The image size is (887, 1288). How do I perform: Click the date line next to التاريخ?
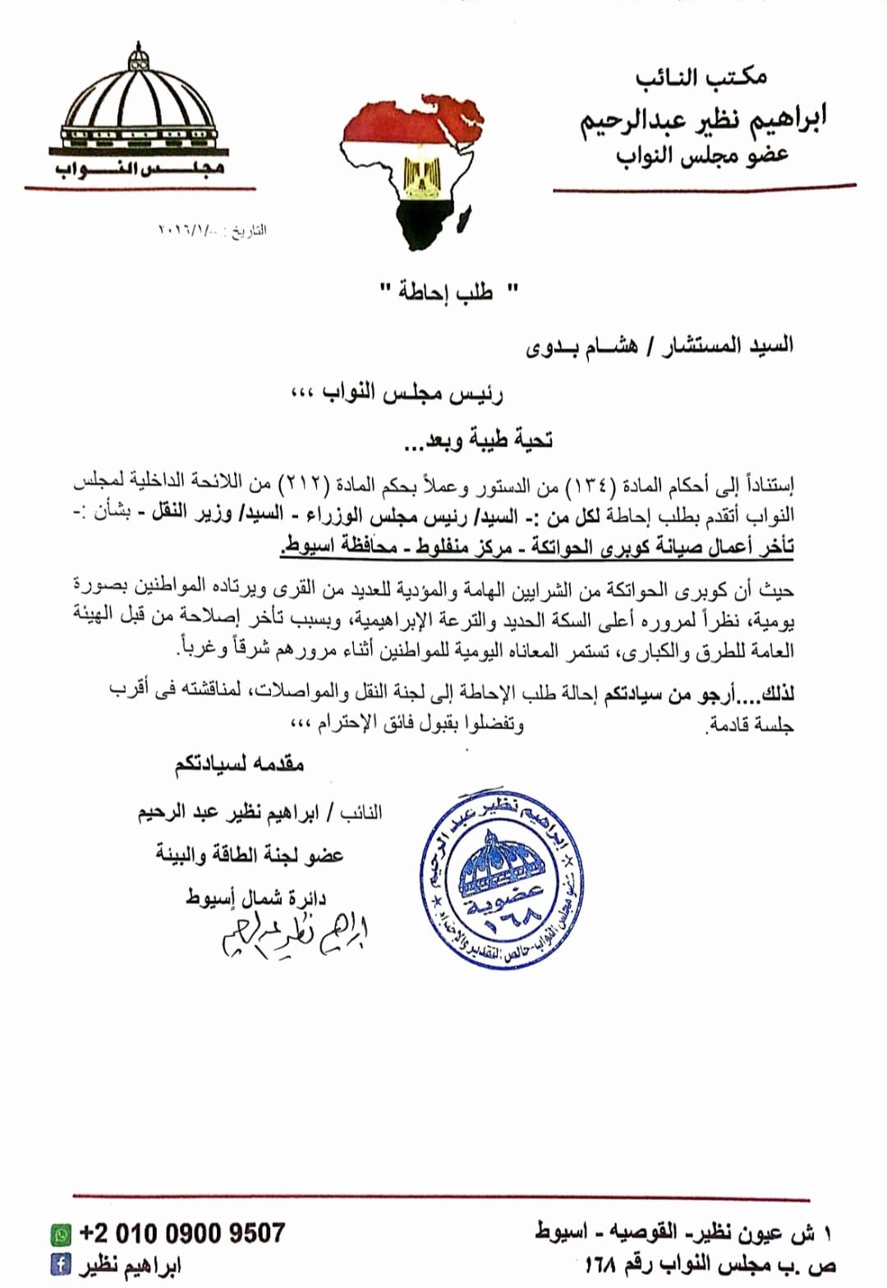point(211,230)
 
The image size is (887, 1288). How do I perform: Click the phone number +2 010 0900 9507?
point(182,1233)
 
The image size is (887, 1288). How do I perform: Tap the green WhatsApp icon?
point(61,1235)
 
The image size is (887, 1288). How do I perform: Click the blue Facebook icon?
point(61,1263)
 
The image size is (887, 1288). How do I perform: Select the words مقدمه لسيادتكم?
point(239,764)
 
